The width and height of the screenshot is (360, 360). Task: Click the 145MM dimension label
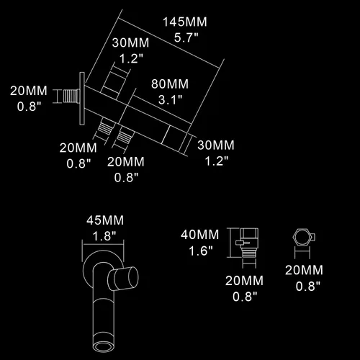pos(185,22)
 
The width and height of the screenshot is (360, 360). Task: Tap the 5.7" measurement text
pos(186,37)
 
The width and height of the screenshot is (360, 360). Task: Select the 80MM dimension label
pos(170,84)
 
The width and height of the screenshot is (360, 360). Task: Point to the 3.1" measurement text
pos(170,99)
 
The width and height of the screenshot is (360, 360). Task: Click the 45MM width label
pos(105,220)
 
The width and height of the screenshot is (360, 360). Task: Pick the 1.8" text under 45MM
pos(104,236)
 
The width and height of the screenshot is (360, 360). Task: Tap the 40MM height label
pos(199,235)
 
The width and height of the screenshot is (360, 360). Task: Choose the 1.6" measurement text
pos(201,251)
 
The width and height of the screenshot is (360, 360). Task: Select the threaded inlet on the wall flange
pos(71,96)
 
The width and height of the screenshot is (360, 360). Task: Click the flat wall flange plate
pos(82,99)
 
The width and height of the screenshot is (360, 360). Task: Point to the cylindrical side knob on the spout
pos(123,278)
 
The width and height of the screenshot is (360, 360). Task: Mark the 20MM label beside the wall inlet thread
pos(29,91)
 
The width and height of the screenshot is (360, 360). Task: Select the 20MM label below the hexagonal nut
pos(304,270)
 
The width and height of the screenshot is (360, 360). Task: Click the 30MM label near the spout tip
pos(216,145)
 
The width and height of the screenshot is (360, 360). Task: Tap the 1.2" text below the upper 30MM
pos(131,58)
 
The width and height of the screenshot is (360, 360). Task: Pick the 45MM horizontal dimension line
pos(103,245)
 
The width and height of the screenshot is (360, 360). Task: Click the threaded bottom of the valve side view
pos(249,253)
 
